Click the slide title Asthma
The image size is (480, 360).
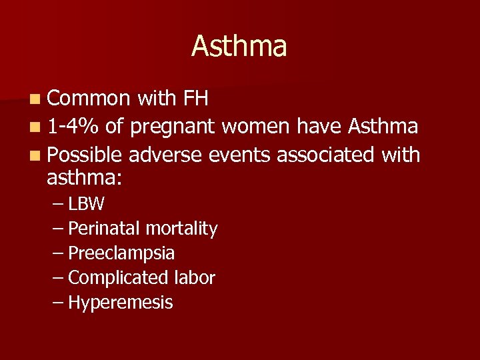[x=239, y=46]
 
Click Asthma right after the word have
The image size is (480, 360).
[x=383, y=127]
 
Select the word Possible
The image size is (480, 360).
[x=84, y=155]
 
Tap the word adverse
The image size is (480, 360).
[x=165, y=155]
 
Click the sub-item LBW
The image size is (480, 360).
[x=86, y=204]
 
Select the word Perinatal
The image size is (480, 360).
[x=104, y=229]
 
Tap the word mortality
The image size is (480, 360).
[x=181, y=229]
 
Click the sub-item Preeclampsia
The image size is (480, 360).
[x=121, y=253]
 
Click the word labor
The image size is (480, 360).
[x=194, y=277]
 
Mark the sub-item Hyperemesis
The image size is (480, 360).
[x=120, y=303]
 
